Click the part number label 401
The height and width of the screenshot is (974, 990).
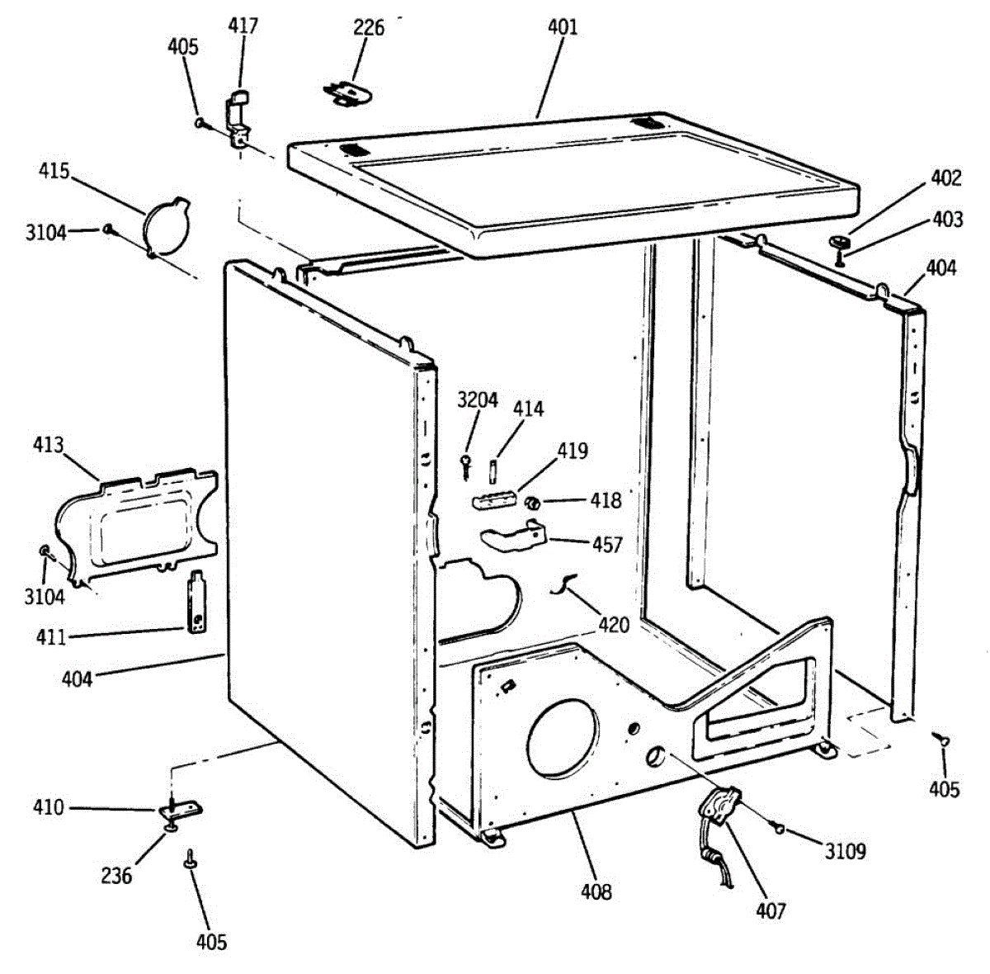(563, 27)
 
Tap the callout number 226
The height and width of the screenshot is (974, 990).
(369, 28)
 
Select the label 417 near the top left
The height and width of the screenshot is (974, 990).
(243, 26)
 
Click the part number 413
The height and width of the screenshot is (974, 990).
(48, 446)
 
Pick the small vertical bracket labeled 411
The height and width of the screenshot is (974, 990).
(197, 603)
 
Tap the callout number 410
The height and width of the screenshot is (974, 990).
(48, 806)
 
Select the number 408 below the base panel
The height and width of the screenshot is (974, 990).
(596, 891)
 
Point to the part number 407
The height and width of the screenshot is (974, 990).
(771, 910)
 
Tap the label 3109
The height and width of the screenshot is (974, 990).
(846, 851)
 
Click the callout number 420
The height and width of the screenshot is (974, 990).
(613, 625)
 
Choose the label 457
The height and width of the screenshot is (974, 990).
(607, 545)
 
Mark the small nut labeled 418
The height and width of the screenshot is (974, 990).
(533, 502)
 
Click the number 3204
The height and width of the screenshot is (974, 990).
(478, 400)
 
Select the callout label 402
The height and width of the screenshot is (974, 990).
(946, 177)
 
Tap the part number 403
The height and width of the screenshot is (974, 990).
(948, 219)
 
